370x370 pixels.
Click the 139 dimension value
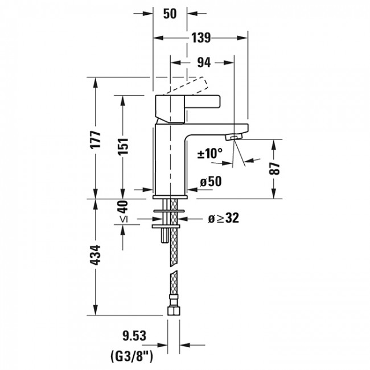tap(200, 38)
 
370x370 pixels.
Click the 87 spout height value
tap(276, 168)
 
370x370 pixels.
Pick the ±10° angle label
tap(210, 154)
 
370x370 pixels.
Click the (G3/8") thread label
tap(133, 356)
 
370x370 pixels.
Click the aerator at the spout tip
tap(234, 137)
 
